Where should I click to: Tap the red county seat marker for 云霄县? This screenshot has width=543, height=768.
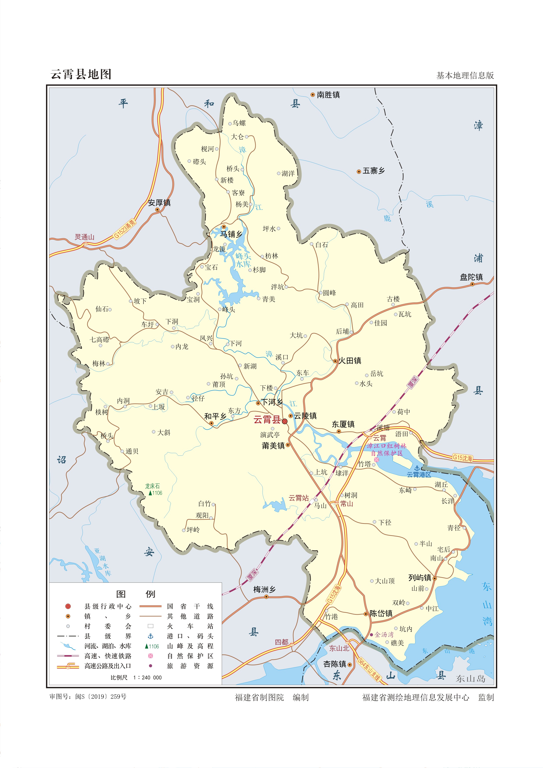pos(285,421)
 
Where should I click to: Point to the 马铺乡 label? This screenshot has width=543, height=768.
pos(231,234)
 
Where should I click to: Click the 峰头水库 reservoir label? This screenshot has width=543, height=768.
pos(243,260)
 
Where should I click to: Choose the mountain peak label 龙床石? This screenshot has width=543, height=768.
pos(152,486)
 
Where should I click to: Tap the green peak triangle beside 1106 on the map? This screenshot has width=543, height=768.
pos(150,493)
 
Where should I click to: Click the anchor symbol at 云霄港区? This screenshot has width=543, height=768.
pos(417,468)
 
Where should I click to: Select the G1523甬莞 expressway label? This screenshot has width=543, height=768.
pos(125,229)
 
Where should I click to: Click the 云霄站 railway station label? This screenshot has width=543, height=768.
pos(299,498)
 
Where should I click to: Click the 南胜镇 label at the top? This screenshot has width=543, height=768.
pos(328,95)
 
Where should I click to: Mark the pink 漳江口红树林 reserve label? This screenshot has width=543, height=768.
pos(386,446)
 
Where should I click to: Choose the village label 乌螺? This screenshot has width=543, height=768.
pos(239,123)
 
